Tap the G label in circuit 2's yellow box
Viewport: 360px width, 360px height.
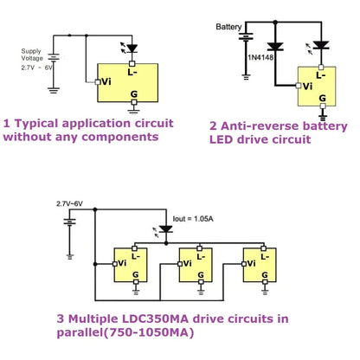pos(320,98)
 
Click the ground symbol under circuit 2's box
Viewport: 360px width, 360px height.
pos(323,113)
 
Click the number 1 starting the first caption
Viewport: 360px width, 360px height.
pos(8,123)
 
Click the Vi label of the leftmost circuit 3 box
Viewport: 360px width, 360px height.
pos(122,259)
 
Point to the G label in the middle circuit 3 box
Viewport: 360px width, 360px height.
pos(199,273)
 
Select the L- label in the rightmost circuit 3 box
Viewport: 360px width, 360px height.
pos(263,255)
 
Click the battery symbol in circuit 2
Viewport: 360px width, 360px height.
pos(247,41)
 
